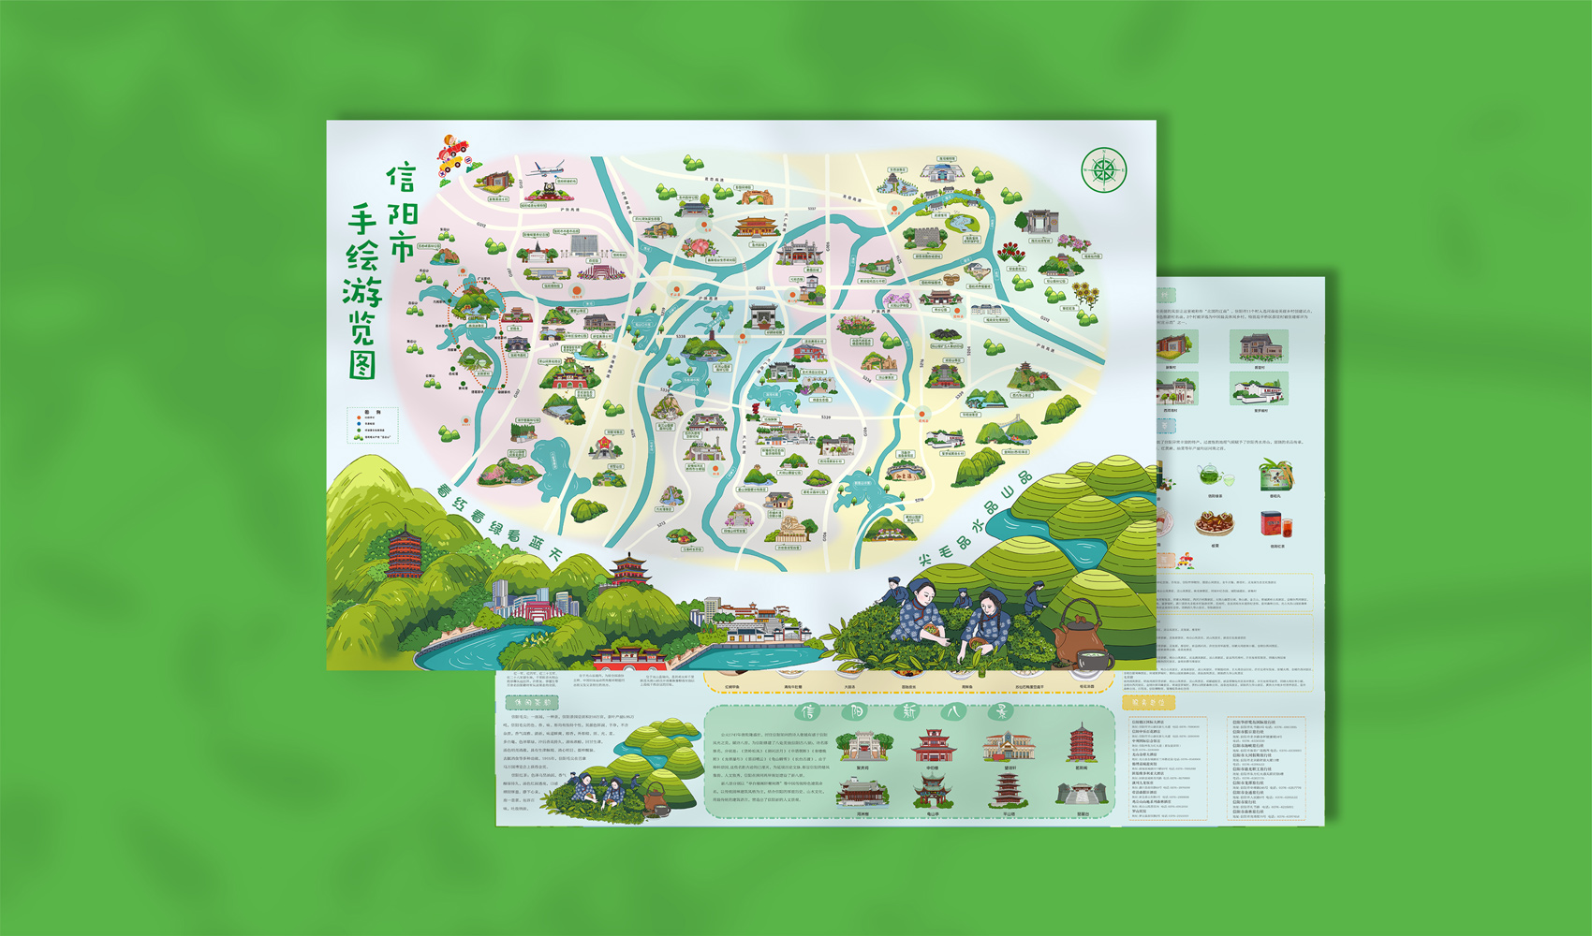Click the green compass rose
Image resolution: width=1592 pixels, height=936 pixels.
[x=1104, y=170]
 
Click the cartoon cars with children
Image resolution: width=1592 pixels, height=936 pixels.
[x=453, y=154]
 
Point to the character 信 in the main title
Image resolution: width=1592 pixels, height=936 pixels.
[x=401, y=177]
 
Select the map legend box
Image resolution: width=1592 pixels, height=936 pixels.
[x=373, y=424]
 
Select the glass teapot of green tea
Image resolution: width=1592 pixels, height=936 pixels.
[x=1213, y=476]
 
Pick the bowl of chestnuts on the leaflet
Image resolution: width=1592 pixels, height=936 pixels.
[x=1215, y=523]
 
